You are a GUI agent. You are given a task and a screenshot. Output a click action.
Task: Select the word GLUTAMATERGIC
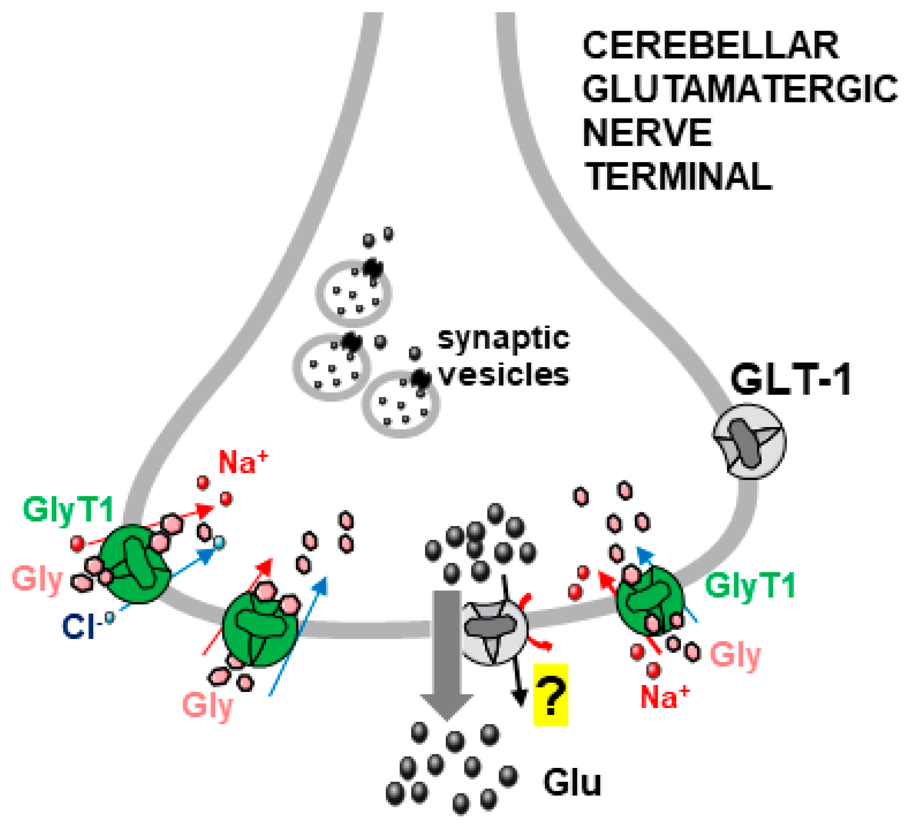pyautogui.click(x=739, y=89)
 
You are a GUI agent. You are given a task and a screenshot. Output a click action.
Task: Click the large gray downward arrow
pyautogui.click(x=447, y=650)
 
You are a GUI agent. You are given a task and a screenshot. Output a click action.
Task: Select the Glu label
pyautogui.click(x=572, y=783)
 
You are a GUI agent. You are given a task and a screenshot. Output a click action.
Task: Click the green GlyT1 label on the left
pyautogui.click(x=68, y=510)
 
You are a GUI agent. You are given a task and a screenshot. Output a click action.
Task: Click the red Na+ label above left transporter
pyautogui.click(x=243, y=463)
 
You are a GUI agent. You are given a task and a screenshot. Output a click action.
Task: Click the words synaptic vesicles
pyautogui.click(x=503, y=356)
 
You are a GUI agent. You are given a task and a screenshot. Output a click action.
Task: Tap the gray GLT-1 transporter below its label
pyautogui.click(x=749, y=441)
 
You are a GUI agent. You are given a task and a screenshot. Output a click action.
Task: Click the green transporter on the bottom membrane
pyautogui.click(x=260, y=629)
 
